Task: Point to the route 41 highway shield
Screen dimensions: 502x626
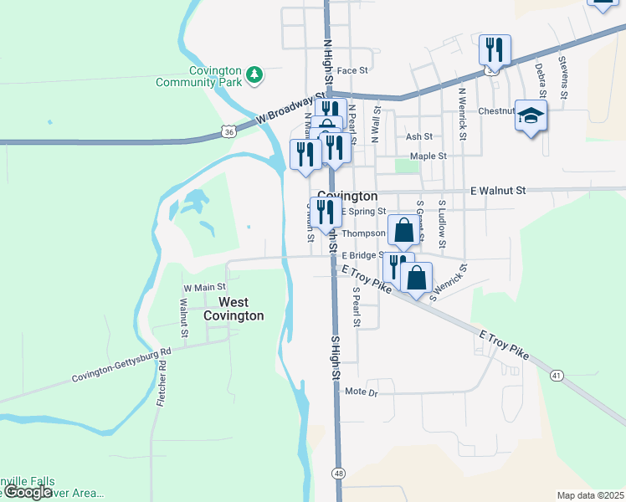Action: [x=556, y=376]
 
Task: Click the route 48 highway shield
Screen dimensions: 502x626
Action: [x=338, y=473]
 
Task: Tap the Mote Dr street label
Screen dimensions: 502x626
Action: [x=362, y=392]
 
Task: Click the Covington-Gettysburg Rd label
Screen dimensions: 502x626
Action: [x=121, y=366]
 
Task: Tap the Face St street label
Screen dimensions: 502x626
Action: [x=352, y=71]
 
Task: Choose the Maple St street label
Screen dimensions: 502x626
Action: [x=428, y=156]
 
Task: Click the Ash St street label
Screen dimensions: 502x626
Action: [x=418, y=136]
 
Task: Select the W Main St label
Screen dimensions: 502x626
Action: [x=200, y=288]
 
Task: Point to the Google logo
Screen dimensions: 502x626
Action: [x=28, y=492]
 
